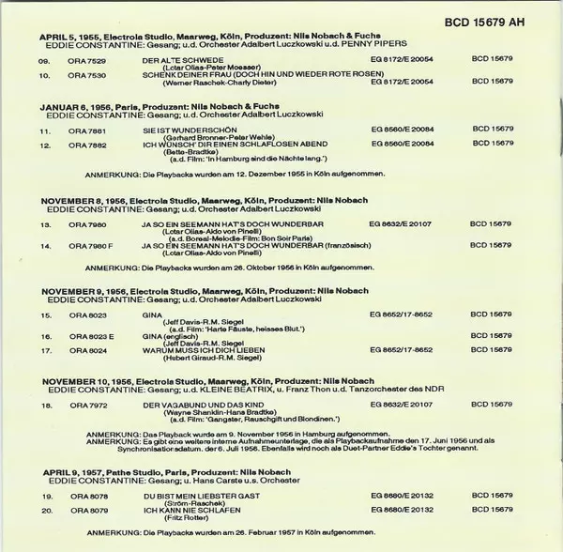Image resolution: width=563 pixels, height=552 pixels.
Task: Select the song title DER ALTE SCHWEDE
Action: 200,60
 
